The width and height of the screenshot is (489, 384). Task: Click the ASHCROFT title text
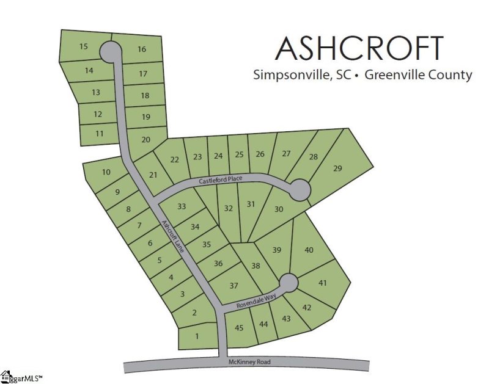359,48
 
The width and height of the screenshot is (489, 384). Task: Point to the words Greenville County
417,75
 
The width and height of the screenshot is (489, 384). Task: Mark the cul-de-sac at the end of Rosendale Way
289,283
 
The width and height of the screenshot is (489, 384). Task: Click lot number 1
197,336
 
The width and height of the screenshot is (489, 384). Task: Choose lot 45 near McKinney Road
239,328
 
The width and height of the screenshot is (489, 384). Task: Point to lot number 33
182,206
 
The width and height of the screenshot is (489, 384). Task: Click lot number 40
309,250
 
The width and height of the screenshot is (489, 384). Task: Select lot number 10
106,172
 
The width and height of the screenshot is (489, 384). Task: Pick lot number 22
175,160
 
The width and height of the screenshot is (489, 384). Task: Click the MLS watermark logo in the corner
21,377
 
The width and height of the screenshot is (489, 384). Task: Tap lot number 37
233,285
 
